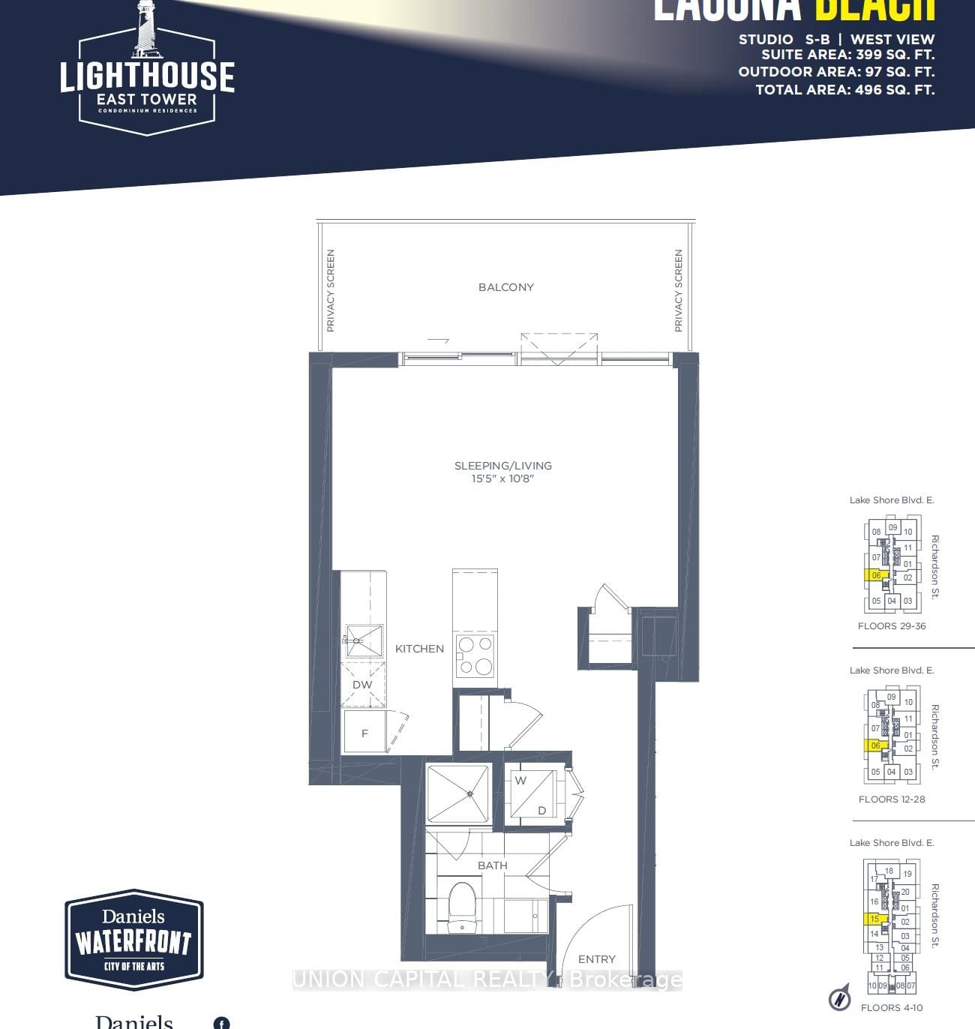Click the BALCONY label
pos(506,287)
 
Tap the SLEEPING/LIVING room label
pos(502,466)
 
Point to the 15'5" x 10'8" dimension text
pos(502,478)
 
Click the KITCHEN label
pos(419,649)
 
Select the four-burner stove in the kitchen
pos(475,655)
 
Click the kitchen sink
pos(364,640)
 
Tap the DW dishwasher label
pos(362,685)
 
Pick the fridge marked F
pos(364,733)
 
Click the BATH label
pos(493,865)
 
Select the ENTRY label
pos(597,959)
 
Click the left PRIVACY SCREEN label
pos(331,291)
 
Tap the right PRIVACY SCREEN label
pos(679,291)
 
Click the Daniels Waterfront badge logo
pos(134,940)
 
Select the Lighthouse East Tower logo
pos(147,71)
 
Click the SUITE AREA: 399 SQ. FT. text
pos(847,55)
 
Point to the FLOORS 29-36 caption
pos(892,626)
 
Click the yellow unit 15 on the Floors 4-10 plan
pos(874,919)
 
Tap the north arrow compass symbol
pos(840,998)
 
